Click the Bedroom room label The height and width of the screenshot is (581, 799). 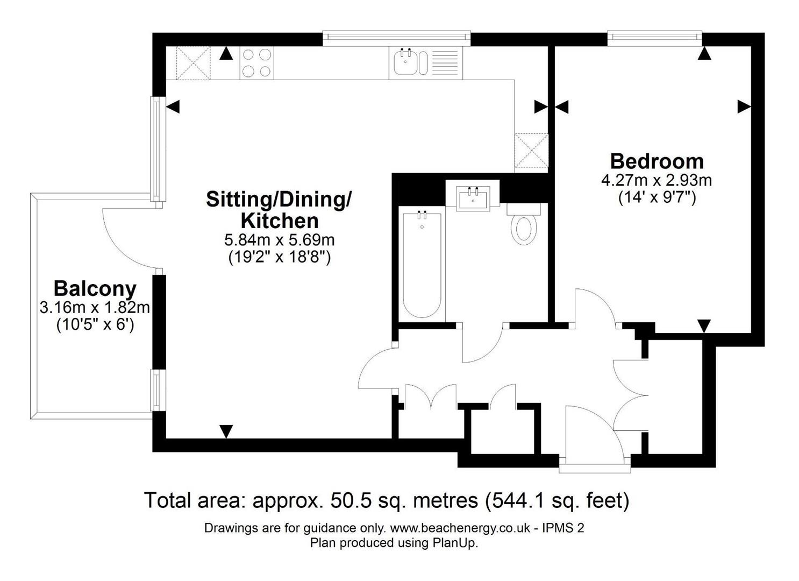(x=657, y=161)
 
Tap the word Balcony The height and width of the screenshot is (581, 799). (x=95, y=289)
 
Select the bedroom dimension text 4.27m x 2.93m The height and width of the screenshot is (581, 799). (x=657, y=180)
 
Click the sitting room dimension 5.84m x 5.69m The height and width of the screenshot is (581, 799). (x=279, y=239)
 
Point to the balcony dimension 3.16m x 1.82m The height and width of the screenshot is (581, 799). (x=95, y=308)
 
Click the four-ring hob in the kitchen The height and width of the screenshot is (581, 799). (x=256, y=63)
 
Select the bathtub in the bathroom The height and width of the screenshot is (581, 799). (x=422, y=265)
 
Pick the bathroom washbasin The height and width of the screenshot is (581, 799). (x=473, y=197)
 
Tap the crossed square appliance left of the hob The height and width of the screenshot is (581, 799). (x=193, y=63)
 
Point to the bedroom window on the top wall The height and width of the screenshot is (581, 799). (x=654, y=37)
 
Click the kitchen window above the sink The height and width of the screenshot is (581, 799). (x=396, y=37)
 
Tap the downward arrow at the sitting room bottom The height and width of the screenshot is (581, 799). (x=226, y=431)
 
